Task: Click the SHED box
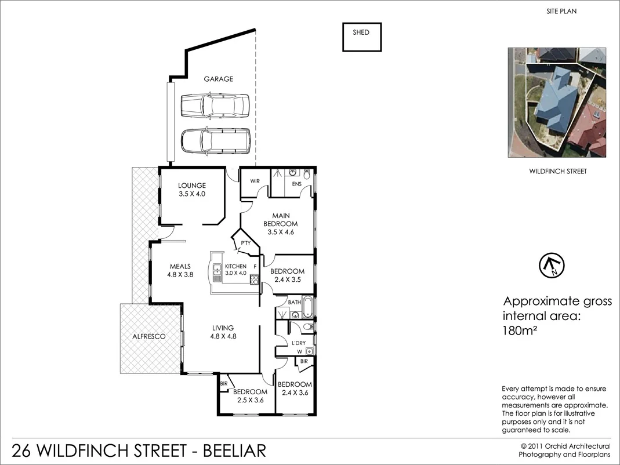[x=361, y=37]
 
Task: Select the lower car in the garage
[x=215, y=141]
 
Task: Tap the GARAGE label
[x=218, y=79]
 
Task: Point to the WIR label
[x=255, y=181]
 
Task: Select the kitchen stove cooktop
[x=254, y=280]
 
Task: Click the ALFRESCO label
[x=149, y=336]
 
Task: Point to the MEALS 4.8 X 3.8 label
[x=180, y=271]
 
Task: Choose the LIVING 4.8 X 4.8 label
[x=223, y=331]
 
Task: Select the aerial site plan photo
[x=557, y=103]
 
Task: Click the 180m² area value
[x=518, y=331]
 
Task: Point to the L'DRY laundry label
[x=299, y=343]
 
